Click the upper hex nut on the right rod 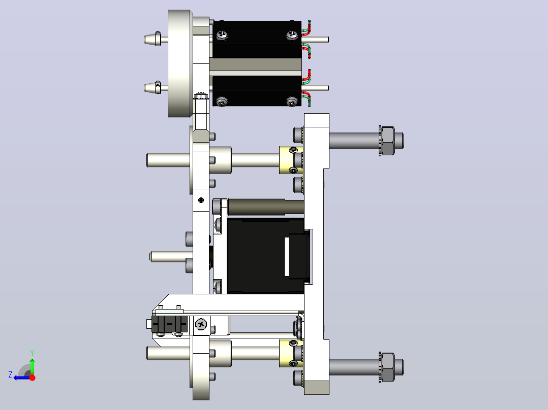coord(387,141)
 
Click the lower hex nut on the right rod coord(387,367)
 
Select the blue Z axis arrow coord(23,378)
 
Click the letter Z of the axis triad coord(10,375)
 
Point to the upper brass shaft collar coord(291,160)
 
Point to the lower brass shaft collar coord(291,353)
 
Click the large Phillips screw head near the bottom coord(201,325)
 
